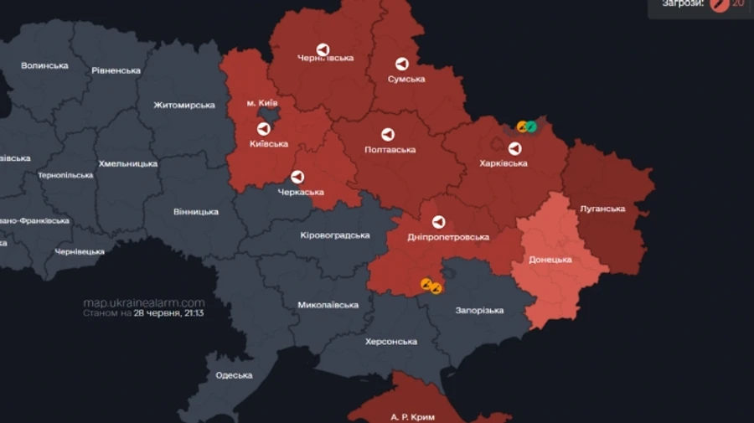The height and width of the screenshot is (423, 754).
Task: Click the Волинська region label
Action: pos(44,65)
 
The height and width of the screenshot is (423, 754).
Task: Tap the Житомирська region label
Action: pos(184,106)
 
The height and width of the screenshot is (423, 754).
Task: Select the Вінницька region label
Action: pos(196,211)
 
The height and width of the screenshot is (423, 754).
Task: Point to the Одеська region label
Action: pos(234,374)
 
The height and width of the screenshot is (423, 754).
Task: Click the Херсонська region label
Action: pos(391,342)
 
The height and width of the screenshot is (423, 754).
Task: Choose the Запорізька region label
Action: pos(479,310)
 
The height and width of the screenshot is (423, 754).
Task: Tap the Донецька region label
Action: pos(550,260)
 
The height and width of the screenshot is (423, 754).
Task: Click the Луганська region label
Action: pos(602,209)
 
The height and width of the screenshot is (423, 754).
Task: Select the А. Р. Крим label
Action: pos(413,416)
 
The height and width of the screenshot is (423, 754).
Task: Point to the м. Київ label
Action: pos(262,103)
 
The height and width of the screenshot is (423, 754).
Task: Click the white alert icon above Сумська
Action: pos(401,64)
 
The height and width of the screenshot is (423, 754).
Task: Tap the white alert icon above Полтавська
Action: pos(388,134)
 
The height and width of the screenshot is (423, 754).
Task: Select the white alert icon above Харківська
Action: pos(514,148)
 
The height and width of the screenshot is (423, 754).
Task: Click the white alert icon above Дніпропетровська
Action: pos(437,222)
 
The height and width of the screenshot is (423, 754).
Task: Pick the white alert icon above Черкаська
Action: pos(297,177)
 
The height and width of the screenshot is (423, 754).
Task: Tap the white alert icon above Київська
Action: pos(263,129)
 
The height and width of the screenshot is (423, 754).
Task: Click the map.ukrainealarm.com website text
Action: pos(144,302)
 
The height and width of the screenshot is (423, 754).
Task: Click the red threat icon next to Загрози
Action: pos(718,3)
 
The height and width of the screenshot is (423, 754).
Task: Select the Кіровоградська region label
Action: pos(335,235)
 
